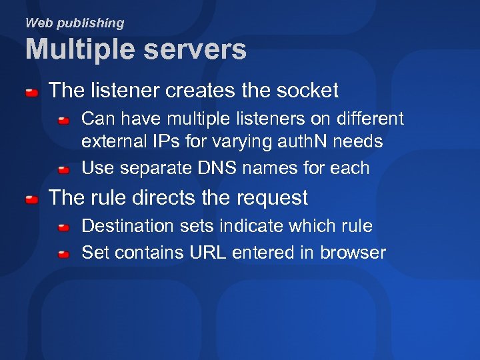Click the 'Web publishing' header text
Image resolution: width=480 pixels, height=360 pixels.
pos(75,23)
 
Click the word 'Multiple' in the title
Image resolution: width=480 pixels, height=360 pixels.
pos(78,49)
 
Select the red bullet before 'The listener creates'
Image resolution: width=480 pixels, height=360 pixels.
pos(31,92)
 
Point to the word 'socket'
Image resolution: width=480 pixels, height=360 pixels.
pos(307,90)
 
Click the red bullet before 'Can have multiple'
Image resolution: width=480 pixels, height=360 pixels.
pos(63,121)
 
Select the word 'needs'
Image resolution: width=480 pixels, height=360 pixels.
pos(360,141)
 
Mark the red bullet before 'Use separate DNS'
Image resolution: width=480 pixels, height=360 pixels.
pos(63,170)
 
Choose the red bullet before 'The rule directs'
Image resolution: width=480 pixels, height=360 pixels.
pos(31,199)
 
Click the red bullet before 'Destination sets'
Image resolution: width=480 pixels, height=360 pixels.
pos(63,228)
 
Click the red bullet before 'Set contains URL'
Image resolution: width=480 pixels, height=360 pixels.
pos(63,255)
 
